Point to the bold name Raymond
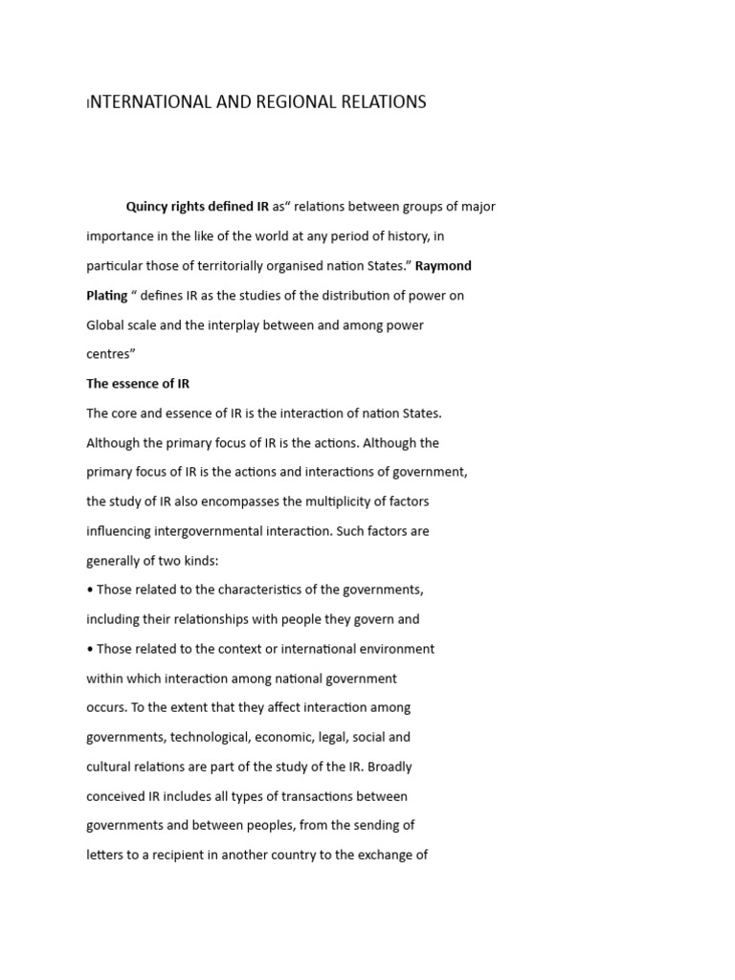click(443, 266)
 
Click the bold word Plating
click(107, 296)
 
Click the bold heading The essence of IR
click(138, 384)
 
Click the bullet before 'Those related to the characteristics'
click(90, 590)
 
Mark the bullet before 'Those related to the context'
click(90, 649)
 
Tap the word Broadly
click(390, 767)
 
